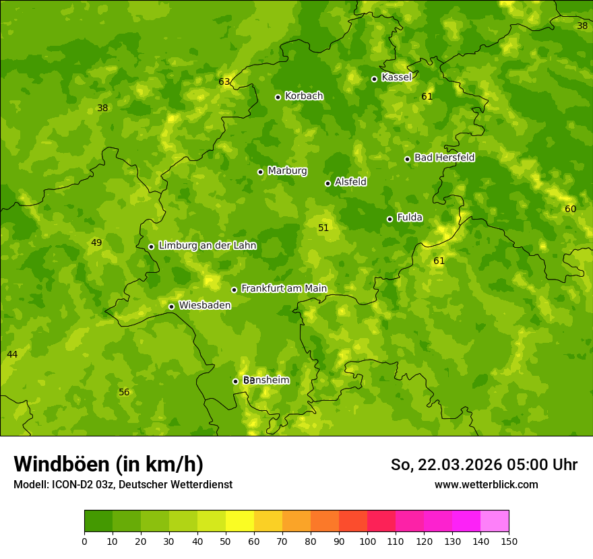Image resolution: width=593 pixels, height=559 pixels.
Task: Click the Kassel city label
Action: [x=396, y=77]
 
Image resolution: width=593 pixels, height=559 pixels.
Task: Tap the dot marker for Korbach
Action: [x=278, y=97]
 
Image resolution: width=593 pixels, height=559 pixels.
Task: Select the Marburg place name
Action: [x=287, y=171]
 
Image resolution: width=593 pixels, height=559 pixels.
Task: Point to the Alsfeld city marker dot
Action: [x=327, y=183]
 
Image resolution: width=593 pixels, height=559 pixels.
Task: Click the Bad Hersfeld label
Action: [x=444, y=158]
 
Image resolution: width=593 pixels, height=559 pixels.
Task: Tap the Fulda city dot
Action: [x=389, y=219]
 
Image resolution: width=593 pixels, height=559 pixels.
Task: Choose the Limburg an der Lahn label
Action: [x=208, y=246]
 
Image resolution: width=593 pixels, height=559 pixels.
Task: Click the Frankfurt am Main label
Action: [x=284, y=288]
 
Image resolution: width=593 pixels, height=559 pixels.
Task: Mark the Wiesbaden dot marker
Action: [x=171, y=306]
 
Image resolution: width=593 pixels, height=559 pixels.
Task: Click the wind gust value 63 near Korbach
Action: [x=224, y=82]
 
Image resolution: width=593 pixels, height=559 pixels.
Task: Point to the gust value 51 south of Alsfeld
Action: [x=323, y=228]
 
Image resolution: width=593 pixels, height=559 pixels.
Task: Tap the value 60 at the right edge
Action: [x=570, y=209]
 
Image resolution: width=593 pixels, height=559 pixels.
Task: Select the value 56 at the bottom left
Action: [x=124, y=393]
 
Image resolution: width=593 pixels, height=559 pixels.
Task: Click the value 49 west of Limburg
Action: [x=96, y=243]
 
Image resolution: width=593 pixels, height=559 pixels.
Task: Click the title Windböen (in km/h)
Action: [x=108, y=464]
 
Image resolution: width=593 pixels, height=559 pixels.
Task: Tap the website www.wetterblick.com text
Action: [x=486, y=484]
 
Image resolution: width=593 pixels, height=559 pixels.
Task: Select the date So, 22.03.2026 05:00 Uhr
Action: [x=484, y=465]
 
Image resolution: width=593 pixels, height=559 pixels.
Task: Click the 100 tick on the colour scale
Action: [x=367, y=541]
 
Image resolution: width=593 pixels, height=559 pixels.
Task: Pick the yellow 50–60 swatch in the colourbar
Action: [x=240, y=521]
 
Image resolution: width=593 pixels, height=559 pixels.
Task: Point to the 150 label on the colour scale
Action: [x=509, y=541]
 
